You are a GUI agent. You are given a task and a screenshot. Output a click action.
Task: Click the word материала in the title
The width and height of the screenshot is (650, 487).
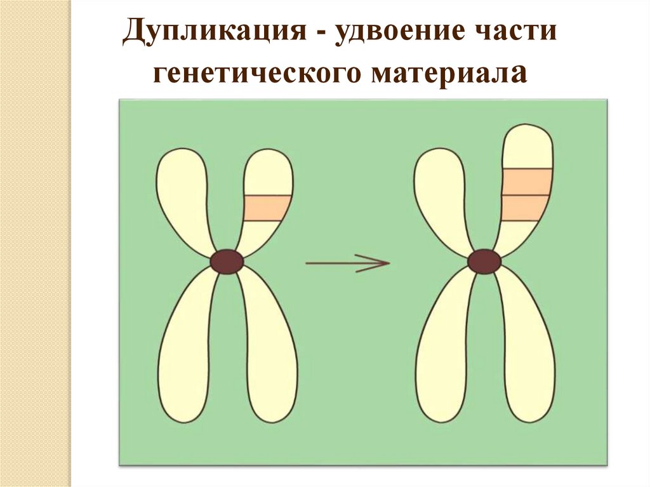click(x=448, y=72)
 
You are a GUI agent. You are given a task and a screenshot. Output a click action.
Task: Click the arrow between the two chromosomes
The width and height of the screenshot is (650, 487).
click(x=347, y=262)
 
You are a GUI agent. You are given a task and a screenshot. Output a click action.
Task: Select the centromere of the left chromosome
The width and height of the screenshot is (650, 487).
click(x=227, y=262)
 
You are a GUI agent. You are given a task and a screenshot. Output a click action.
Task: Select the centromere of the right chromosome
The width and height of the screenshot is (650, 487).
click(x=484, y=262)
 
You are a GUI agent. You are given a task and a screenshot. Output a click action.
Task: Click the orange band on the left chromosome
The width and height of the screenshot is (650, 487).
click(x=267, y=208)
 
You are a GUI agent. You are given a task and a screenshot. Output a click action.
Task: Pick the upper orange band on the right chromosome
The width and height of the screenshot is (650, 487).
click(x=526, y=182)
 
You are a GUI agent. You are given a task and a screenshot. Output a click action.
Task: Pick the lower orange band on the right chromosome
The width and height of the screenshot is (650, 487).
click(x=524, y=208)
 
